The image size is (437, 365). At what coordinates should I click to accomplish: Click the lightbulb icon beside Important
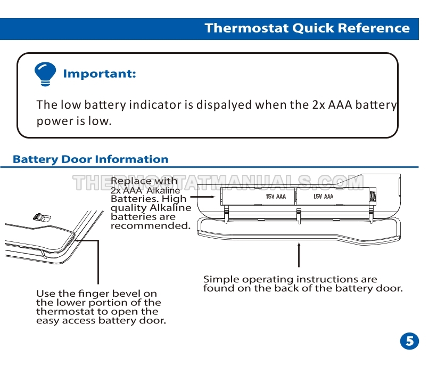pos(45,74)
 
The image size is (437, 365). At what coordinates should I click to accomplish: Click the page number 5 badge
pos(409,341)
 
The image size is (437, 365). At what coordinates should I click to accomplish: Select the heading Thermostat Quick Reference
pos(307,28)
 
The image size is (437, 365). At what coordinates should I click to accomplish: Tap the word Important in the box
pos(100,74)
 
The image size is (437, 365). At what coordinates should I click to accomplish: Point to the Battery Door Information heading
pos(90,159)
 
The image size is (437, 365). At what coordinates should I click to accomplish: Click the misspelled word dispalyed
pos(224,104)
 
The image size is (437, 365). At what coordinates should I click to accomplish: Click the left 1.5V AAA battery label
pos(276,197)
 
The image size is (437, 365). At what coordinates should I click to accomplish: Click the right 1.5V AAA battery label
pos(323,197)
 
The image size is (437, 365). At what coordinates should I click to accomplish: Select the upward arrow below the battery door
pos(299,254)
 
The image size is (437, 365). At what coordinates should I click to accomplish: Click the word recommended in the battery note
pos(150,225)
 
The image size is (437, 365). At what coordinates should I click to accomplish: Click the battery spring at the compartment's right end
pos(373,196)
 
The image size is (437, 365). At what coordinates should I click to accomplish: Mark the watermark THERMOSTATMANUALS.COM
pos(218,183)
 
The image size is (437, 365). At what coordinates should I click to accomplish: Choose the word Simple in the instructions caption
pos(221,279)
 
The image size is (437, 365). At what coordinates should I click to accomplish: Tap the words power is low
pos(74,121)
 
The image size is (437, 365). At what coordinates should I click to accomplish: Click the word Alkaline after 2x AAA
pos(163,190)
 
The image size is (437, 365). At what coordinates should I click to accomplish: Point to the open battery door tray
pos(298,228)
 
